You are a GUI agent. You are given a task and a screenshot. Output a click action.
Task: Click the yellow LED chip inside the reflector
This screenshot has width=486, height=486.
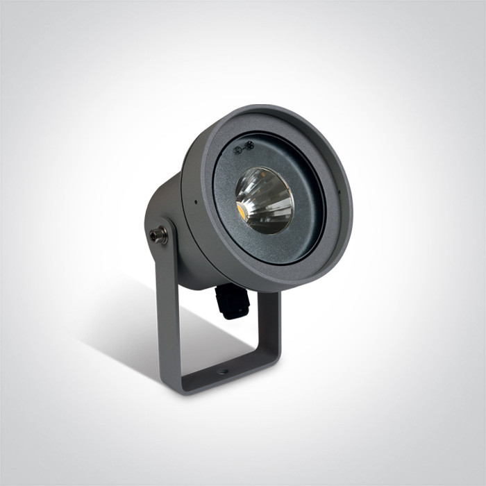click(245, 208)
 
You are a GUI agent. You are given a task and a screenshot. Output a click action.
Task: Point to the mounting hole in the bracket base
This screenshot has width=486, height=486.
click(222, 371)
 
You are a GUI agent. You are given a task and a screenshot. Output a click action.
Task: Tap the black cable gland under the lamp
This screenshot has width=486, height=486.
click(231, 299)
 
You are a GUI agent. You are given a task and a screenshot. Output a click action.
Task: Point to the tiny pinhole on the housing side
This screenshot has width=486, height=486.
click(196, 203)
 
